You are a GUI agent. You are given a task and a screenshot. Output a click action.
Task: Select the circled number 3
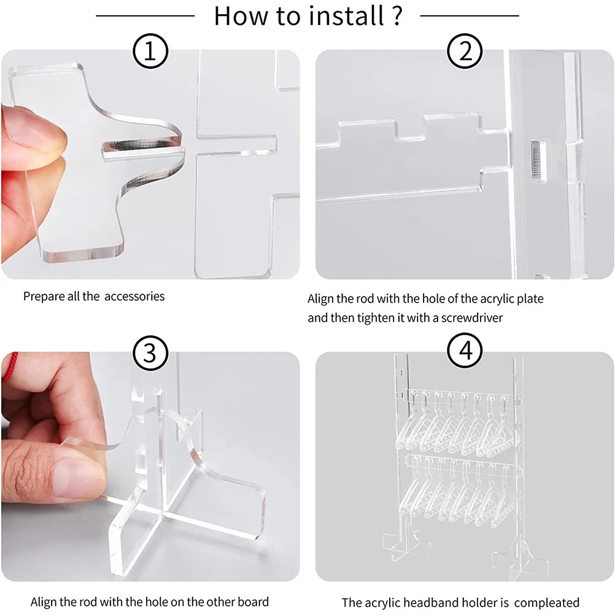pyautogui.click(x=150, y=352)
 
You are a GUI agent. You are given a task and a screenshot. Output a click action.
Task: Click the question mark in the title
pyautogui.click(x=396, y=16)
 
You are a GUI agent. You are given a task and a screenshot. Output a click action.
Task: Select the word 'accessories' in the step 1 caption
pyautogui.click(x=134, y=296)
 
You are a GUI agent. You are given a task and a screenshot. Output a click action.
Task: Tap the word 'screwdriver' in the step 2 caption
pyautogui.click(x=475, y=319)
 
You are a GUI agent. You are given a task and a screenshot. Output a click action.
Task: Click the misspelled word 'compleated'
pyautogui.click(x=545, y=603)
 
